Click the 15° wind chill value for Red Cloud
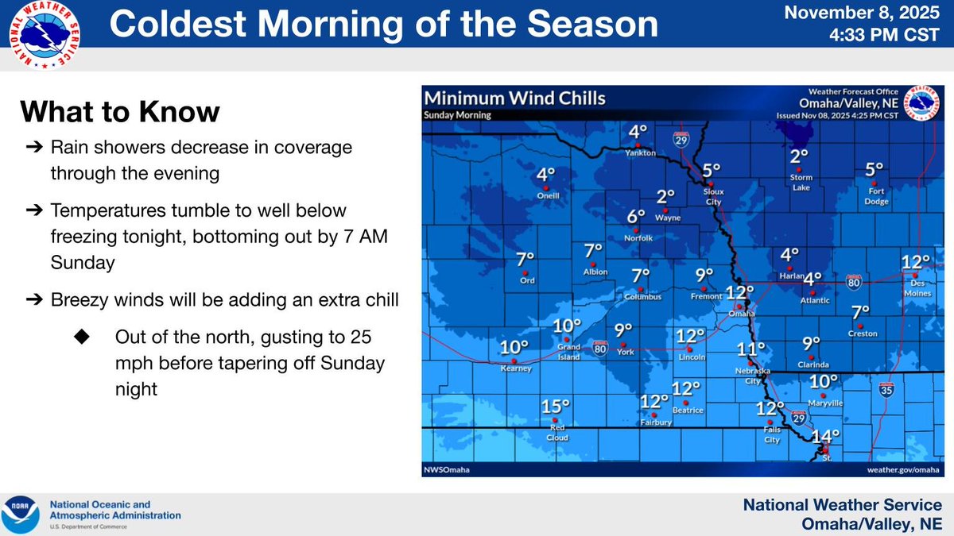(x=556, y=407)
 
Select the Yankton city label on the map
(x=638, y=152)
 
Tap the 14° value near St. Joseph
(x=825, y=436)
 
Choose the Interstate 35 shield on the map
(x=886, y=390)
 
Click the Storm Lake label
(x=799, y=183)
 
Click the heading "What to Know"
(x=119, y=111)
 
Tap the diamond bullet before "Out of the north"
(x=82, y=337)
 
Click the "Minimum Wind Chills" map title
(x=514, y=99)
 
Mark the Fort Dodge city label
(x=874, y=195)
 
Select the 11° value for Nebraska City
(x=750, y=349)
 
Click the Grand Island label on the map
(x=568, y=352)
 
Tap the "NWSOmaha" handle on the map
(x=447, y=470)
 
